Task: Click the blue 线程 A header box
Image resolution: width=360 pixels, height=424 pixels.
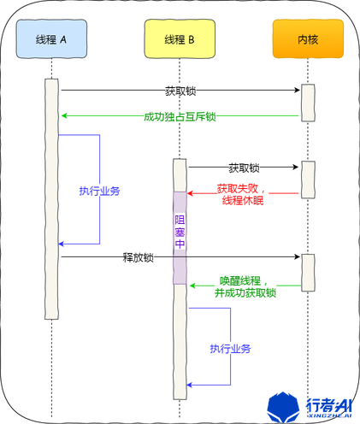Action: [51, 39]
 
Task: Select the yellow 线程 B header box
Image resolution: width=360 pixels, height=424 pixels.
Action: [179, 39]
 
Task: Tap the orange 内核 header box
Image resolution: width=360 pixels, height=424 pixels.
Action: [308, 39]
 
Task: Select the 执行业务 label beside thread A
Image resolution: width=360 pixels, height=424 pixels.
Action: [99, 191]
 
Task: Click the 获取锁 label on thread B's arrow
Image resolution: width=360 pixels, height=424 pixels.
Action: [244, 168]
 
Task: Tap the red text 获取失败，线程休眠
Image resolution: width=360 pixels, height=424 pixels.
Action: [243, 194]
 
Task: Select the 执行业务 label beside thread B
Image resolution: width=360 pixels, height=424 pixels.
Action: [230, 349]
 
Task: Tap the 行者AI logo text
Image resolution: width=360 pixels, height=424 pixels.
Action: [328, 403]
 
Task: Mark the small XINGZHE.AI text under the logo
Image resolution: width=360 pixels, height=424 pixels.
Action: [328, 417]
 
